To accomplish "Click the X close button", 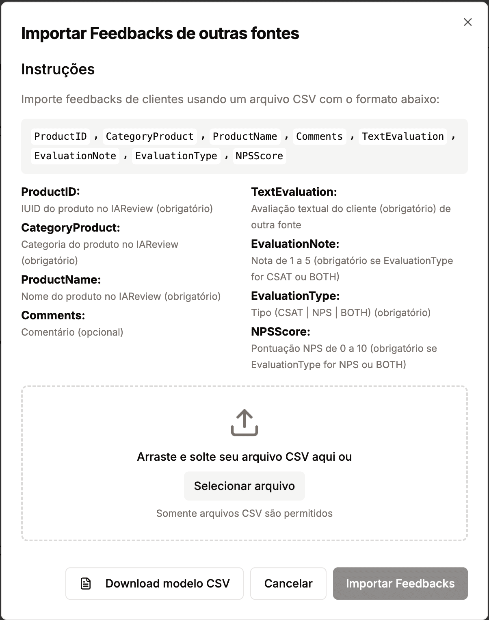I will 468,22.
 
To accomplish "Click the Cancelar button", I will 288,583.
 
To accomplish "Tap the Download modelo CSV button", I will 154,583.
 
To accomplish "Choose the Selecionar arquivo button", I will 244,486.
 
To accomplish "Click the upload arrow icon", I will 244,423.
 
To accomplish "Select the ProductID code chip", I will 61,137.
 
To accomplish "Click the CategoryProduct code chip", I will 149,137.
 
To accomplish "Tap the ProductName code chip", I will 245,137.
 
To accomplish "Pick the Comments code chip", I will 319,137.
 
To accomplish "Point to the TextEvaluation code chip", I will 403,137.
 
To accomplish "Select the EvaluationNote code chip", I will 75,156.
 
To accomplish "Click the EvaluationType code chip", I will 176,156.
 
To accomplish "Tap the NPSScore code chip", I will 259,156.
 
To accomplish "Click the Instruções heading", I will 58,69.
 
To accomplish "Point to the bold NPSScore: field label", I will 281,332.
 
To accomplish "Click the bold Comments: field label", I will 53,315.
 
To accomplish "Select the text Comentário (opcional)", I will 72,332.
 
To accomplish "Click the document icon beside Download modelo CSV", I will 86,583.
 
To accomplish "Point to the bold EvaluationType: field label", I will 295,296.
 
